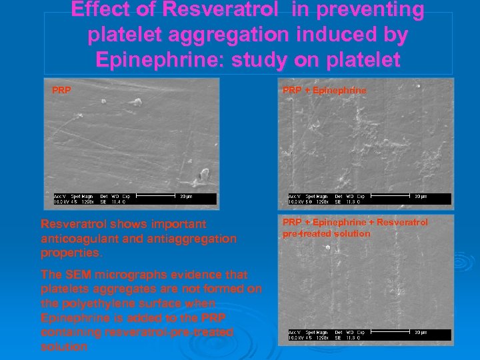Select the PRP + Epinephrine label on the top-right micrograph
(324, 89)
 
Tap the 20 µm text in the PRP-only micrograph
(187, 196)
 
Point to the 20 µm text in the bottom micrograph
(420, 332)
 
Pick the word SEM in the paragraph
(78, 275)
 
